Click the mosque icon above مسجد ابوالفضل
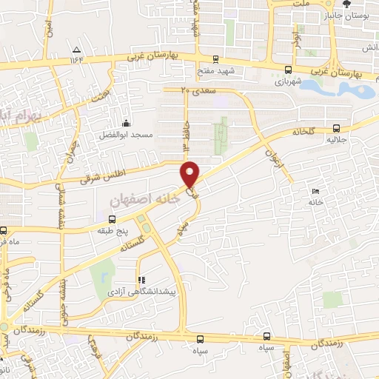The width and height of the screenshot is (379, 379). pyautogui.click(x=127, y=123)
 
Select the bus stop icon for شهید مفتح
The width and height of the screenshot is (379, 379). pyautogui.click(x=215, y=59)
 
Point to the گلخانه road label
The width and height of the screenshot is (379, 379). pyautogui.click(x=303, y=131)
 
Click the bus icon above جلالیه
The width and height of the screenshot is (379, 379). pyautogui.click(x=336, y=127)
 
